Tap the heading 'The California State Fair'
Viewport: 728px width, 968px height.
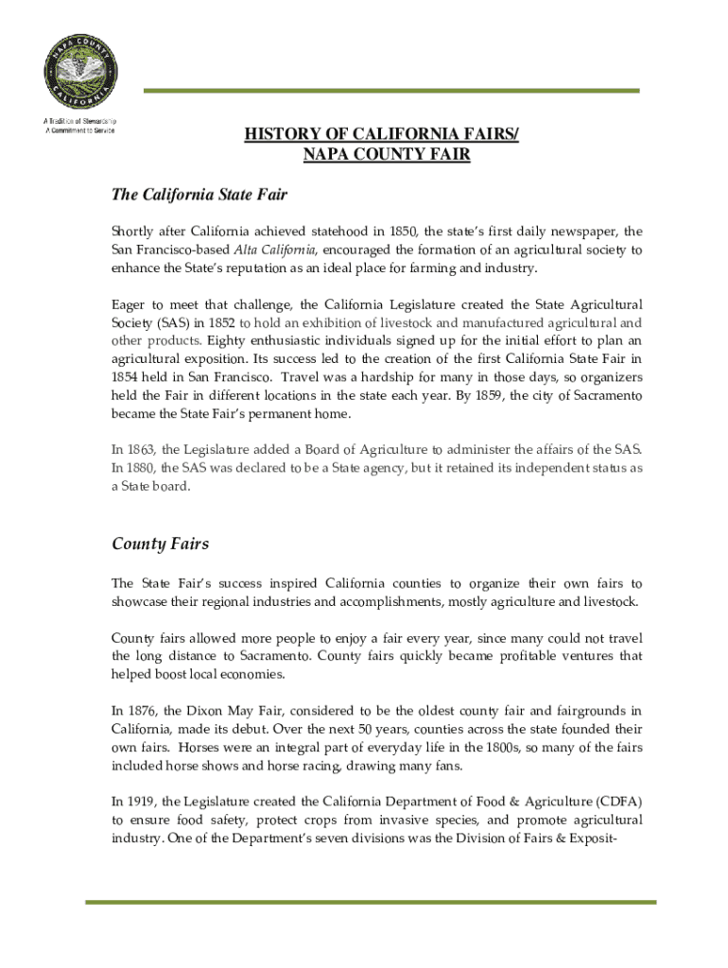tap(199, 195)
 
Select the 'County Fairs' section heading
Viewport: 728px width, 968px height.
tap(160, 544)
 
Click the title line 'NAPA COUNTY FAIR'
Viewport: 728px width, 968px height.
tap(386, 154)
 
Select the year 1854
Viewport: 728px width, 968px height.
tap(127, 376)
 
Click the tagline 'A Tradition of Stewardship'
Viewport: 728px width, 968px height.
tap(79, 121)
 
